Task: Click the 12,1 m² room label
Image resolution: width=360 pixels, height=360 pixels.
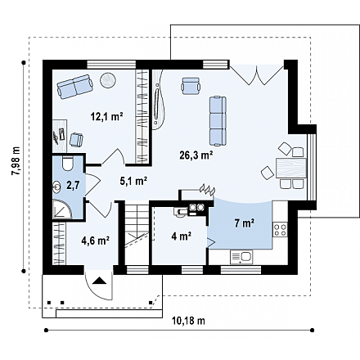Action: click(x=106, y=117)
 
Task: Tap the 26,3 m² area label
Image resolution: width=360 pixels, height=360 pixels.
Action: click(x=196, y=155)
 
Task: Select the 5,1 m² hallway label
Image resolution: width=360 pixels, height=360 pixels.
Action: click(x=133, y=181)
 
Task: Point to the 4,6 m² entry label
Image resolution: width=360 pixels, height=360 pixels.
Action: click(x=96, y=241)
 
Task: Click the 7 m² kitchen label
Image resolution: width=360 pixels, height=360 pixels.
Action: click(x=245, y=223)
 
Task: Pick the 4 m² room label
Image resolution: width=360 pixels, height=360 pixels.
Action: click(x=181, y=236)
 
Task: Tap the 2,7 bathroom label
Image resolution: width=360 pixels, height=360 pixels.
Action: click(x=73, y=186)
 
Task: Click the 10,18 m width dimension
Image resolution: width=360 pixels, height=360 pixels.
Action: click(x=188, y=321)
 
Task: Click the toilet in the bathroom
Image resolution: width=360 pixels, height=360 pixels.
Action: click(x=67, y=164)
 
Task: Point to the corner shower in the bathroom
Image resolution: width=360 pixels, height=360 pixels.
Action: click(x=62, y=209)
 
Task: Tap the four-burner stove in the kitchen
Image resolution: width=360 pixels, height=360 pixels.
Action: click(x=280, y=229)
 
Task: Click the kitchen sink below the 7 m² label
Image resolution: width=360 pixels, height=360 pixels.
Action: click(x=241, y=257)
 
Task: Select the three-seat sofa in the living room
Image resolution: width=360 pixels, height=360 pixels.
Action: click(x=218, y=121)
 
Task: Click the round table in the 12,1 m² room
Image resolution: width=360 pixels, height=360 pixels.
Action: click(x=108, y=80)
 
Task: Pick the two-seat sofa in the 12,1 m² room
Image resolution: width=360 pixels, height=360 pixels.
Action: click(x=74, y=87)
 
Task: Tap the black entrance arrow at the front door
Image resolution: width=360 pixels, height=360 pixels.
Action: click(x=99, y=281)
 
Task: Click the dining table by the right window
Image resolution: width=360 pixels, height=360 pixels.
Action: click(x=291, y=168)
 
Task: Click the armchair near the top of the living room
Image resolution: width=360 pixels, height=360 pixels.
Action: click(x=191, y=86)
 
